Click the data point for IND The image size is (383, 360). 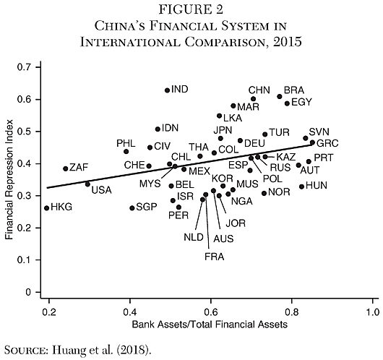(168, 90)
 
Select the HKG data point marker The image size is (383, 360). (47, 208)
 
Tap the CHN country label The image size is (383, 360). (259, 89)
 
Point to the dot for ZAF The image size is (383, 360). (65, 168)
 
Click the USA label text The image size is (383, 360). (101, 190)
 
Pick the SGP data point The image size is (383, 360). (132, 208)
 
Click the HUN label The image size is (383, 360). (317, 186)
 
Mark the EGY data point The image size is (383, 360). (287, 103)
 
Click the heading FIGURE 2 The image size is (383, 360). (191, 10)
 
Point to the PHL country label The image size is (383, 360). (126, 143)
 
